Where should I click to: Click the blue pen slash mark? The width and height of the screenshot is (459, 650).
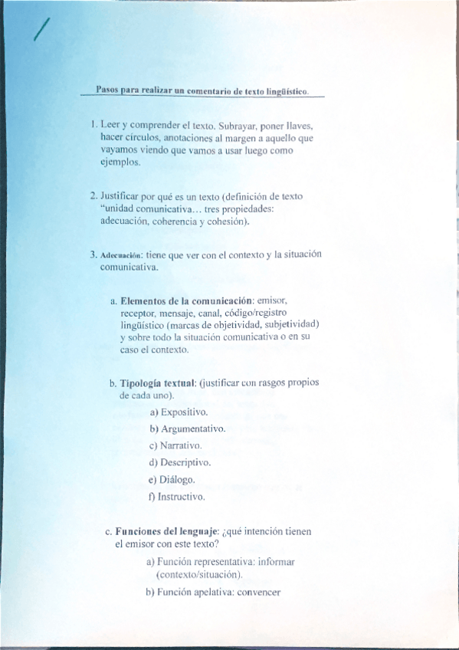(41, 30)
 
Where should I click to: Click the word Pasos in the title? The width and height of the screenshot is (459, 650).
(108, 90)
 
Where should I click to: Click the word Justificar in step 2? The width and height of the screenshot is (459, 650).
(123, 196)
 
